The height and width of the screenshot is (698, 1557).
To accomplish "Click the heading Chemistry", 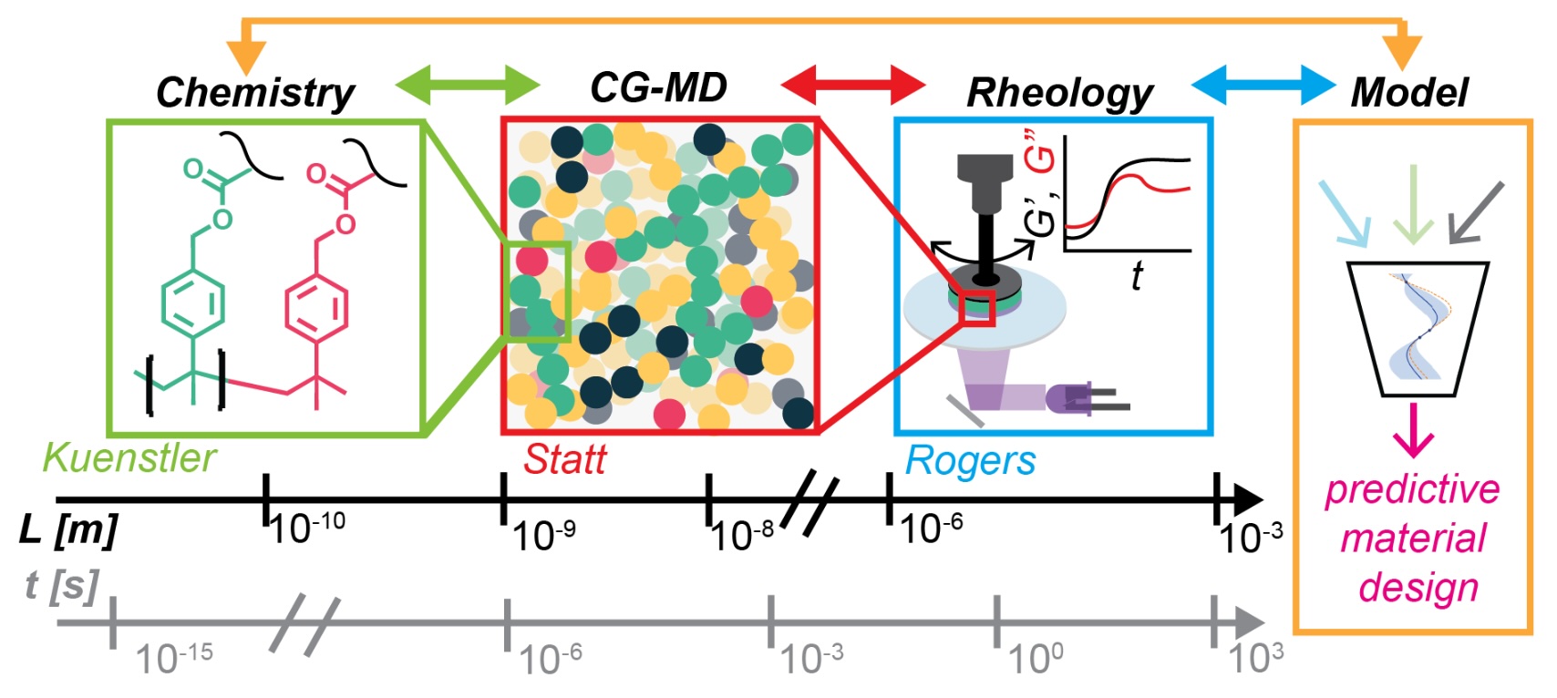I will click(255, 93).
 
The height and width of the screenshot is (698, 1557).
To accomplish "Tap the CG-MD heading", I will click(658, 88).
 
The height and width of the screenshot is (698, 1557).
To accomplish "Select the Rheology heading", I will click(1059, 93).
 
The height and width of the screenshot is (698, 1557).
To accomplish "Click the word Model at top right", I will click(1409, 93).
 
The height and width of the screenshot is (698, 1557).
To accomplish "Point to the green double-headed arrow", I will click(468, 86).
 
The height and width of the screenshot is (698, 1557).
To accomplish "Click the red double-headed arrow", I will click(853, 86).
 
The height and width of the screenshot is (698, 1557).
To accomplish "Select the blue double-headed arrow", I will click(1263, 86).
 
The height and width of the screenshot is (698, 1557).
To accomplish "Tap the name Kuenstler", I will click(129, 457).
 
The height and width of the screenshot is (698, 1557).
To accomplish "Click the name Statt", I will click(564, 459).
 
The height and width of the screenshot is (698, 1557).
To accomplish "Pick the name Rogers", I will click(970, 461).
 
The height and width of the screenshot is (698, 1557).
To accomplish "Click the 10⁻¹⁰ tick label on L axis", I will click(307, 528).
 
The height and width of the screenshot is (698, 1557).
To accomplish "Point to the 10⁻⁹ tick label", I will click(543, 536).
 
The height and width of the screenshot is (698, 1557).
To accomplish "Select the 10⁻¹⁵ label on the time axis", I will click(174, 658).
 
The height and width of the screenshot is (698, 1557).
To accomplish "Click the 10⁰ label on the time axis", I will click(1035, 658).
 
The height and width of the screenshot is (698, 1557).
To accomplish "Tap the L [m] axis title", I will click(68, 529).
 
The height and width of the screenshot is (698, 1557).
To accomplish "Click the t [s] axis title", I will click(61, 586).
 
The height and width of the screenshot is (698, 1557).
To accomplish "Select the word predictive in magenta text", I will click(1412, 490).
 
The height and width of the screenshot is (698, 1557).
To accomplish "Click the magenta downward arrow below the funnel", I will click(1414, 430).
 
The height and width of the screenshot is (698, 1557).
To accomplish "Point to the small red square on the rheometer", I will click(976, 308).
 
